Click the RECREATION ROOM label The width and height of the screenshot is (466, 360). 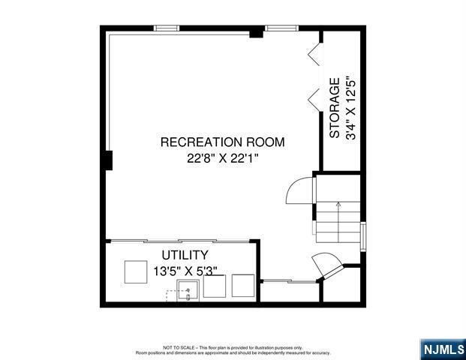point(223,142)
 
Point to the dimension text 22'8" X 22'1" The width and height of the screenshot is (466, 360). point(223,158)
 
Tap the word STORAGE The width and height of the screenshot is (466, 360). point(335,108)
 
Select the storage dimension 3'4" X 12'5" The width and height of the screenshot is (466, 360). point(351,108)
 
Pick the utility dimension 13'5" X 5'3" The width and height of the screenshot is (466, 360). point(185,271)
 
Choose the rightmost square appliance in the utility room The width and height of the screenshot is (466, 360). point(243,286)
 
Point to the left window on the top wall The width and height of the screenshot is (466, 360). point(166,28)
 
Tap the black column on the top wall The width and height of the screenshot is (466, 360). point(257,32)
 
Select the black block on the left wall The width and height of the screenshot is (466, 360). point(108,160)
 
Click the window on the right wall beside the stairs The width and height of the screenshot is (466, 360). point(363,235)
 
